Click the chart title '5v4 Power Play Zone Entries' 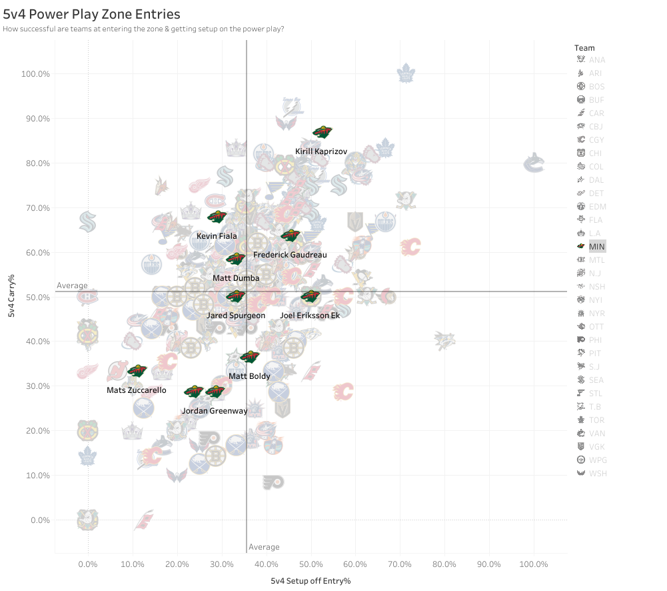tap(92, 13)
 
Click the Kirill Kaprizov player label tap(321, 152)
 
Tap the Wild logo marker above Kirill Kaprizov tap(323, 132)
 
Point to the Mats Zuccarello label tap(137, 390)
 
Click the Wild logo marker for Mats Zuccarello tap(137, 371)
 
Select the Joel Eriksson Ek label tap(310, 316)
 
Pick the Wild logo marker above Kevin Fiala tap(217, 217)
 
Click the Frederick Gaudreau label tap(290, 255)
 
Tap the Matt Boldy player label tap(249, 376)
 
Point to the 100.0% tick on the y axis tap(36, 74)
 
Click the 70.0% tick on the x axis tap(400, 564)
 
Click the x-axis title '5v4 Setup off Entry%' tap(311, 581)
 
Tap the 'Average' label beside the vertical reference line tap(264, 547)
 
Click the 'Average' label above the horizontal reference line tap(72, 285)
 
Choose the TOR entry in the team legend tap(596, 420)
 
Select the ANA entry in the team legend tap(596, 60)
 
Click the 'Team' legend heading tap(584, 48)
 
